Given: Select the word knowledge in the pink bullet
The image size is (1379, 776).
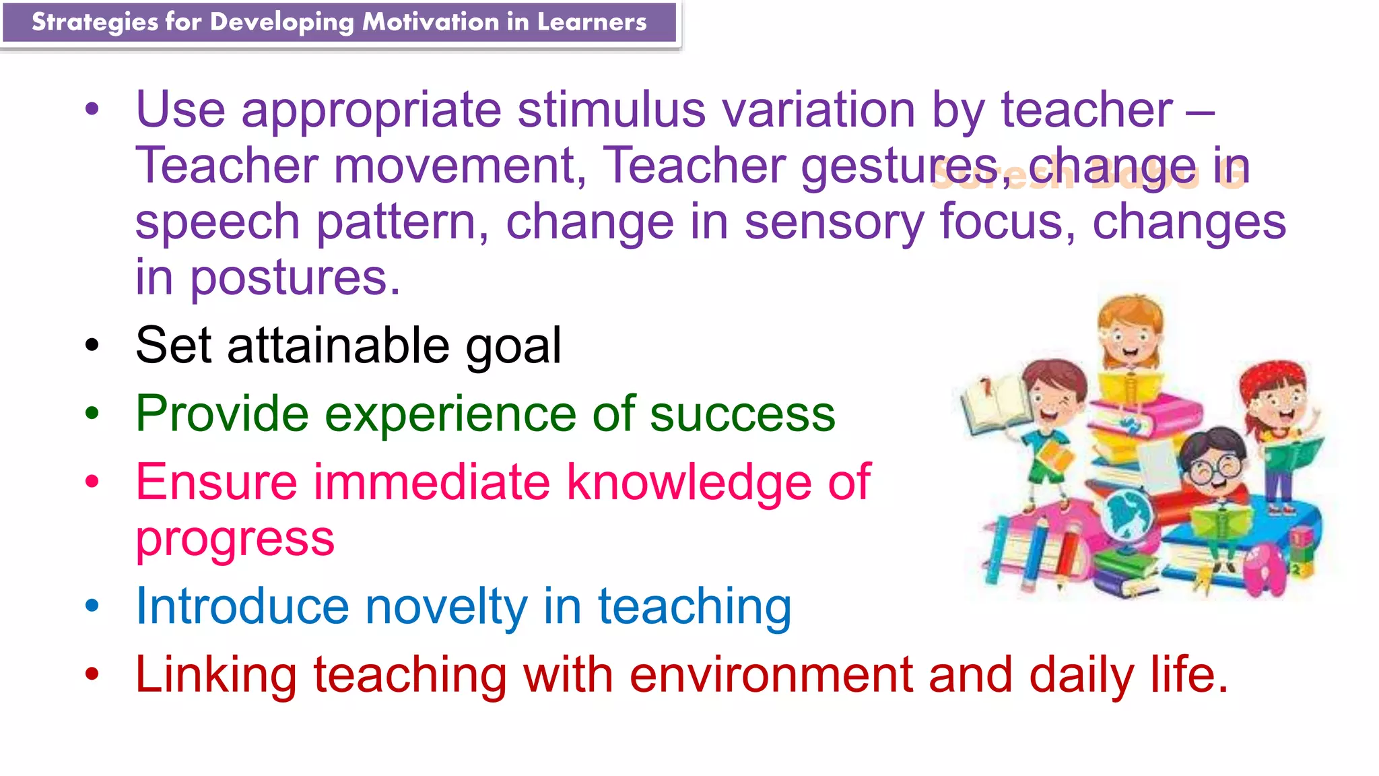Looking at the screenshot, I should click(x=689, y=482).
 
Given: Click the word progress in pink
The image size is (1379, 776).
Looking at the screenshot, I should click(x=235, y=540).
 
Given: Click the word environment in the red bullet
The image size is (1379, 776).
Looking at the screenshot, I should click(x=771, y=675).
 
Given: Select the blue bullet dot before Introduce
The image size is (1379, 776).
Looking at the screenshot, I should click(x=92, y=606).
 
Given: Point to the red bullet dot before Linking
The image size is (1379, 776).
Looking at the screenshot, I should click(x=92, y=674).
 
